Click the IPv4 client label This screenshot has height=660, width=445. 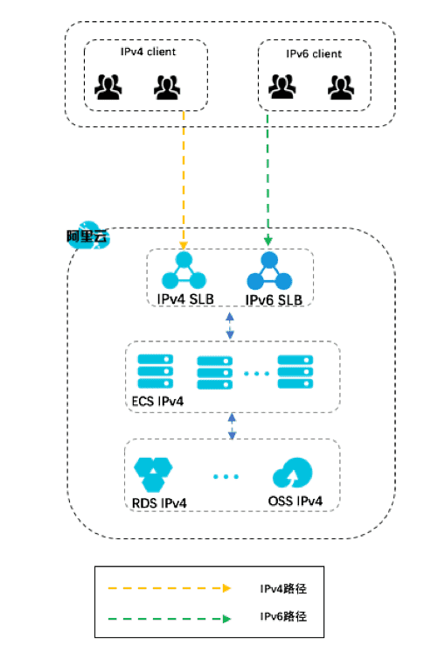[x=148, y=52]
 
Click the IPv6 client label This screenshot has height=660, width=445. [x=314, y=54]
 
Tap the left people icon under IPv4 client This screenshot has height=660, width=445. [x=109, y=87]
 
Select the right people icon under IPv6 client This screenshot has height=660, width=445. [x=342, y=87]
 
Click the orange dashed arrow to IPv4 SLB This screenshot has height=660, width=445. [x=184, y=175]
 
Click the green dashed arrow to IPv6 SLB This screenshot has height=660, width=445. [x=268, y=175]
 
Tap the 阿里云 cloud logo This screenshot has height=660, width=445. [x=86, y=235]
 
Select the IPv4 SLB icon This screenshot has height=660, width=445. [x=183, y=271]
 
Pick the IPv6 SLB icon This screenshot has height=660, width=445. [x=268, y=271]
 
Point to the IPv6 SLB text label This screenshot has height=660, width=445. [x=274, y=299]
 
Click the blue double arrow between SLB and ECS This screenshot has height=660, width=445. [x=230, y=326]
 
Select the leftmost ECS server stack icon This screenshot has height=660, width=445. [x=155, y=371]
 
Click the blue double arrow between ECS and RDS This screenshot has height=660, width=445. [x=233, y=427]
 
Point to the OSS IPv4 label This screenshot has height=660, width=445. [x=296, y=502]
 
